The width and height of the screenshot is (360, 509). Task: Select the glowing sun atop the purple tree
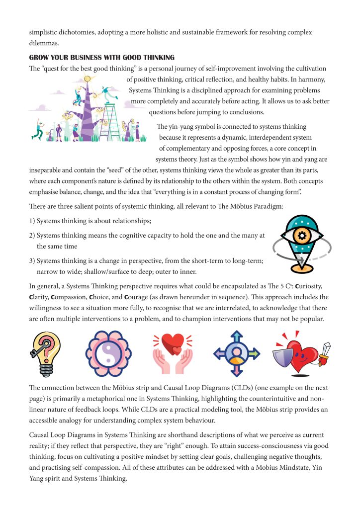coord(88,79)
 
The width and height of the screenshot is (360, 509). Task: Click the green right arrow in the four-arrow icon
coord(254,353)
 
